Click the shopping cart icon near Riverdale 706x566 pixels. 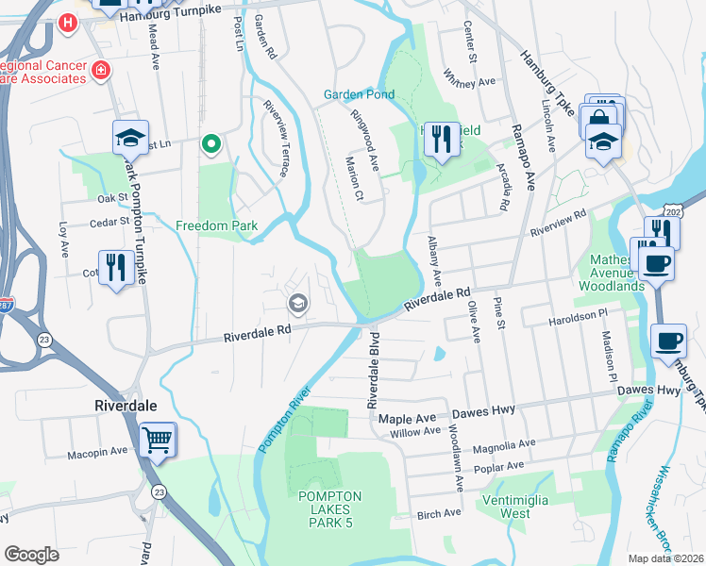pos(157,440)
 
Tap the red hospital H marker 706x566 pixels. pos(68,22)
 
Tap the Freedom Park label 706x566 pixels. pos(217,226)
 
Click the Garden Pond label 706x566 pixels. pos(359,94)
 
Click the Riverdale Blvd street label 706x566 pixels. pos(373,370)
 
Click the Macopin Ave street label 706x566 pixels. pos(97,452)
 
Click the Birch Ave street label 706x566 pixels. pos(439,513)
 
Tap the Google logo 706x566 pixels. pos(30,554)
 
